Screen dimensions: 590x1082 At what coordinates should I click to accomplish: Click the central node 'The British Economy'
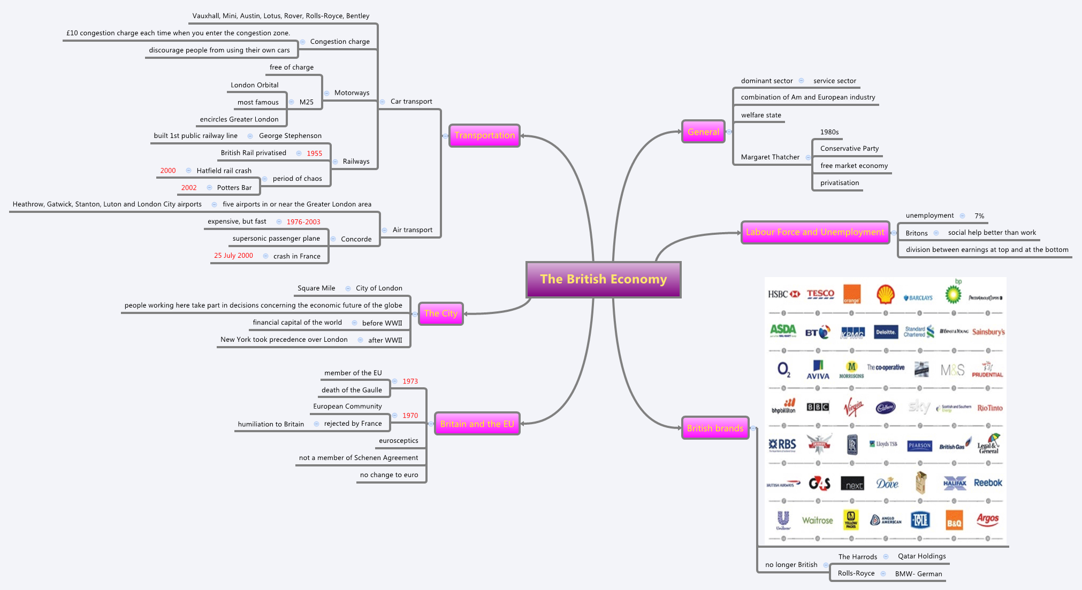[x=603, y=279]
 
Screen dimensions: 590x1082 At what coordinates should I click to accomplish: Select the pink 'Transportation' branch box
[x=484, y=135]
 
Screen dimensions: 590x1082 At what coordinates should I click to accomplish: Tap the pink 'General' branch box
[x=703, y=132]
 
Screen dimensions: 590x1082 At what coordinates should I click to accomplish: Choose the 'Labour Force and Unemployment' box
[x=815, y=232]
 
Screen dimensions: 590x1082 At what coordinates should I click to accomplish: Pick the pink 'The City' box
[x=440, y=313]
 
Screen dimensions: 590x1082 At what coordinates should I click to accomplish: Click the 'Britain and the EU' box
[x=477, y=424]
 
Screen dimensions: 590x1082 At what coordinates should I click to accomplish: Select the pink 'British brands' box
[x=715, y=428]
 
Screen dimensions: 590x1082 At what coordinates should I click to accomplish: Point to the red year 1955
[x=314, y=154]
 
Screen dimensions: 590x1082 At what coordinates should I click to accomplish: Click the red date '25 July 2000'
[x=233, y=256]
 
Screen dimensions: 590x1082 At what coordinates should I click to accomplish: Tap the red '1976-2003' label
[x=303, y=222]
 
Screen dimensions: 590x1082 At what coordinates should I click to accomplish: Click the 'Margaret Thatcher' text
[x=770, y=157]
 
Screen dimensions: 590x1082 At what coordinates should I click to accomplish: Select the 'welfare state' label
[x=761, y=115]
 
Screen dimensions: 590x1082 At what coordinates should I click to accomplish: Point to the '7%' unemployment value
[x=979, y=216]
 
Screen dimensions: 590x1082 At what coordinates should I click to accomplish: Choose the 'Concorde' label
[x=356, y=239]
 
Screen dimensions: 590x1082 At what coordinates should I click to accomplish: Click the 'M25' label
[x=307, y=102]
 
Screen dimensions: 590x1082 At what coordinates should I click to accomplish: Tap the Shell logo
[x=886, y=294]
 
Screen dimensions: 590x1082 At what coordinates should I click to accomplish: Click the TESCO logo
[x=820, y=294]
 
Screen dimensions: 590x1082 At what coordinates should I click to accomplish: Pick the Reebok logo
[x=988, y=483]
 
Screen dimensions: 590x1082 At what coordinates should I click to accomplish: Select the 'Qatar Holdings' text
[x=921, y=556]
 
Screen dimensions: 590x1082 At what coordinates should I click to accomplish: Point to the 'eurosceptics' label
[x=399, y=441]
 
